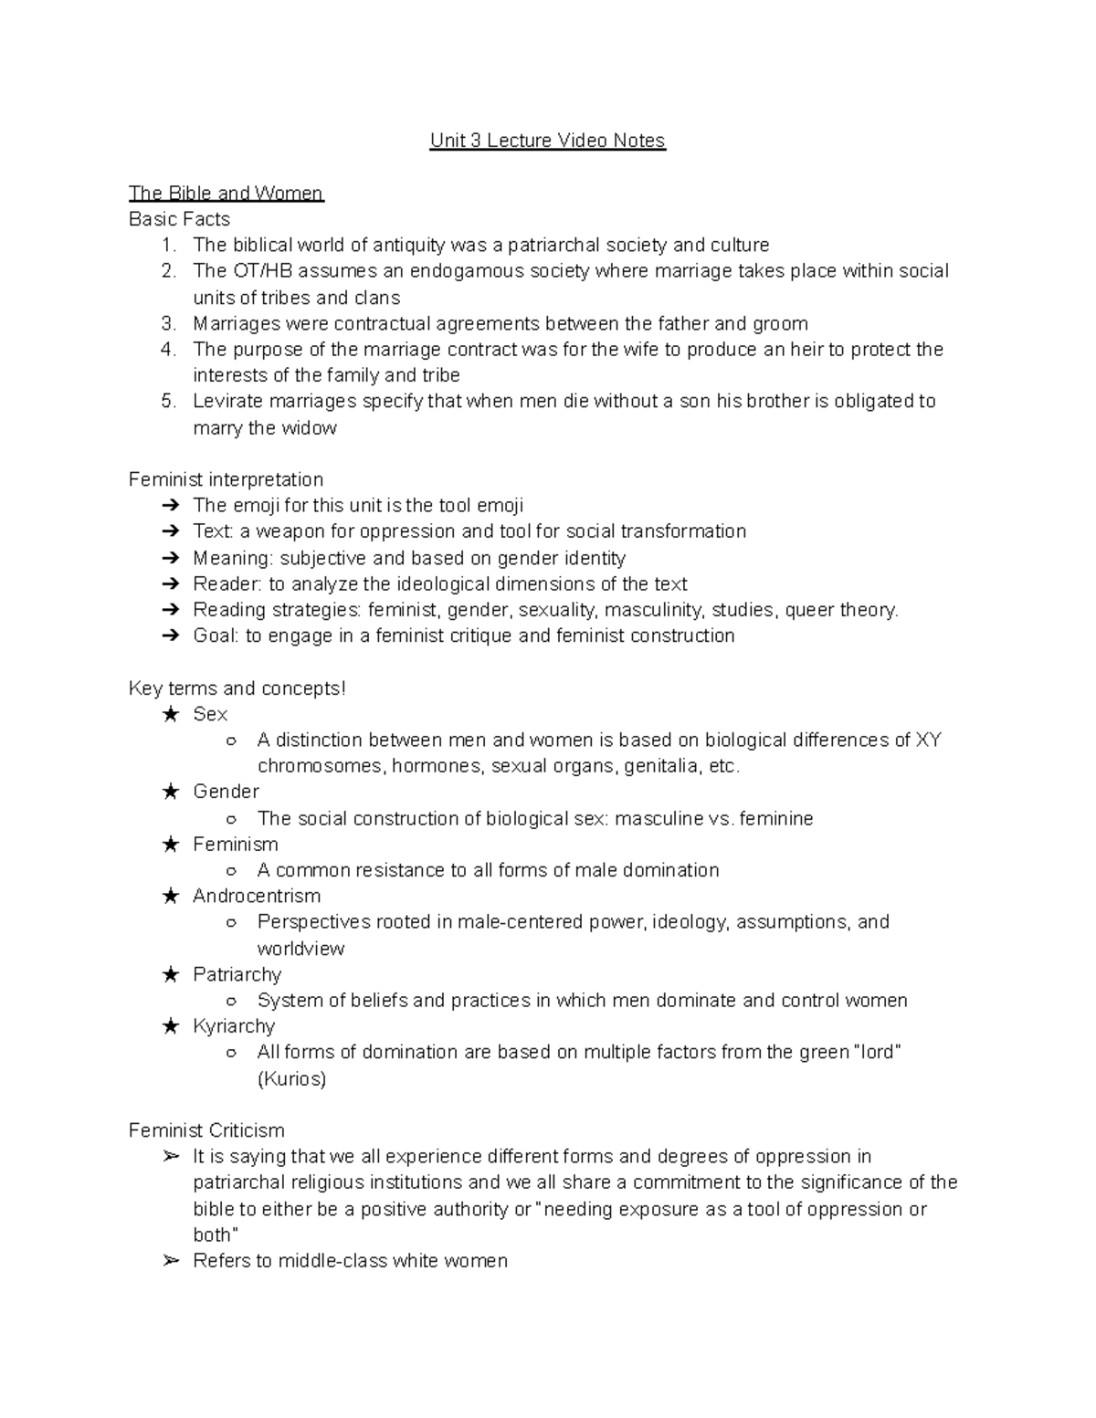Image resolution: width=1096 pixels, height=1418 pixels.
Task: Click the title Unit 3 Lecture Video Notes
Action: click(547, 141)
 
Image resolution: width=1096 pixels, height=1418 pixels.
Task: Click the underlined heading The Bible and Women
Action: click(226, 193)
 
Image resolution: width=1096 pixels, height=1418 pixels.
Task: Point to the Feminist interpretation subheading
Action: click(226, 480)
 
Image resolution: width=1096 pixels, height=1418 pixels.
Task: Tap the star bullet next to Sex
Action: click(170, 715)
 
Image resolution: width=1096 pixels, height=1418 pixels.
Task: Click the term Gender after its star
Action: click(226, 792)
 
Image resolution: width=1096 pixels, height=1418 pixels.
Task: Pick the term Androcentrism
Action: click(257, 896)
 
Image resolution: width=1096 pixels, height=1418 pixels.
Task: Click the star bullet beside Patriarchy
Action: click(170, 975)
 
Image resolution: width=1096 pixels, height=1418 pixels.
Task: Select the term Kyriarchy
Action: click(234, 1026)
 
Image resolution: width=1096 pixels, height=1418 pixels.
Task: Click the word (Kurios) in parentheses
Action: click(291, 1079)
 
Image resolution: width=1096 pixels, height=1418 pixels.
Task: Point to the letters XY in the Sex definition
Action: click(928, 740)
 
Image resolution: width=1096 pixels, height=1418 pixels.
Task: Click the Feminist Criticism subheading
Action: click(206, 1130)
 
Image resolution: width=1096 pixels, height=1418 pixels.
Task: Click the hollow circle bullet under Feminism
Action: click(232, 871)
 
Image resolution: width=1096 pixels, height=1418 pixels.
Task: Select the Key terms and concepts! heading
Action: click(237, 688)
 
